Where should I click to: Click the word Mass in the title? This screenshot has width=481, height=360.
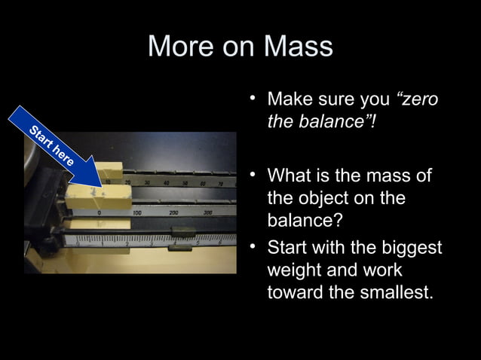pyautogui.click(x=298, y=47)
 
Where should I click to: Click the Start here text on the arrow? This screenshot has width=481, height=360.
pyautogui.click(x=52, y=146)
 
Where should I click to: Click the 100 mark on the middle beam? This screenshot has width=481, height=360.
pyautogui.click(x=139, y=213)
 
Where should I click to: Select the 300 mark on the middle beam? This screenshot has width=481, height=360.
pyautogui.click(x=207, y=213)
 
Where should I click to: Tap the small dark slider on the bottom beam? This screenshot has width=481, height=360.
pyautogui.click(x=181, y=244)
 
